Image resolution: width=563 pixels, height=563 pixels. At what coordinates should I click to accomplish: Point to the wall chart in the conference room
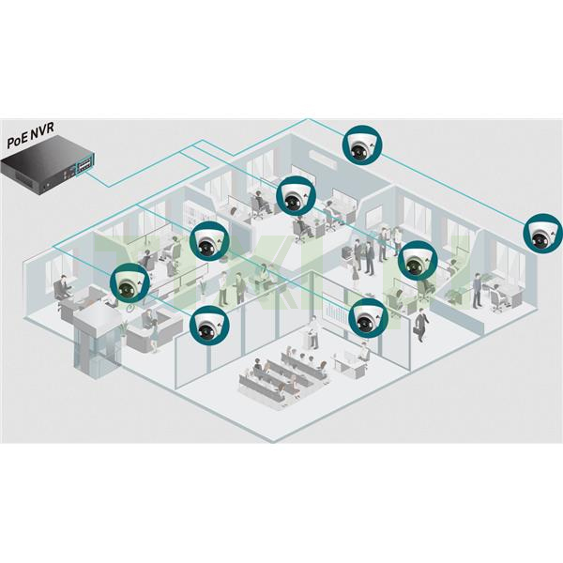click(x=331, y=313)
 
